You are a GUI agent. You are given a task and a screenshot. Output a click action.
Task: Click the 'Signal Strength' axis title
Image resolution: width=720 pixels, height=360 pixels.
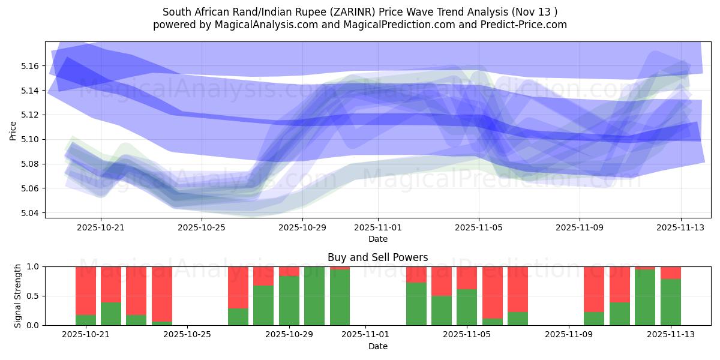pyautogui.click(x=18, y=296)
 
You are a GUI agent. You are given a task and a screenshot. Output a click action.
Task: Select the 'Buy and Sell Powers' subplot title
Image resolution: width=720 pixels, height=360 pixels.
pyautogui.click(x=377, y=257)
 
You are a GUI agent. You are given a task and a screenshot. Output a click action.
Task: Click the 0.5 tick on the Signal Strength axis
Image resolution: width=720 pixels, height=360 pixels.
pyautogui.click(x=34, y=296)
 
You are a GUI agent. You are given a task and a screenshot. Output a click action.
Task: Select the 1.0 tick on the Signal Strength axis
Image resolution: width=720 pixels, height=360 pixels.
pyautogui.click(x=34, y=266)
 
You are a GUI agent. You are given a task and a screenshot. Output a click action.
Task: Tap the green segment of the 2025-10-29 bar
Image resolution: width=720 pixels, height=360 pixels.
pyautogui.click(x=289, y=300)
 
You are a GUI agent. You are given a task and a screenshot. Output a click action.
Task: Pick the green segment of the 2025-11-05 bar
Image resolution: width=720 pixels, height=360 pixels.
pyautogui.click(x=467, y=307)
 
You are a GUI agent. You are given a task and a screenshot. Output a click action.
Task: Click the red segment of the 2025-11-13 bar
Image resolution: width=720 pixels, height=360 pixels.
pyautogui.click(x=671, y=272)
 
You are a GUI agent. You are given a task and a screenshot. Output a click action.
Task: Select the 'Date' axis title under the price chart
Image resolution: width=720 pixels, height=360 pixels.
pyautogui.click(x=377, y=239)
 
